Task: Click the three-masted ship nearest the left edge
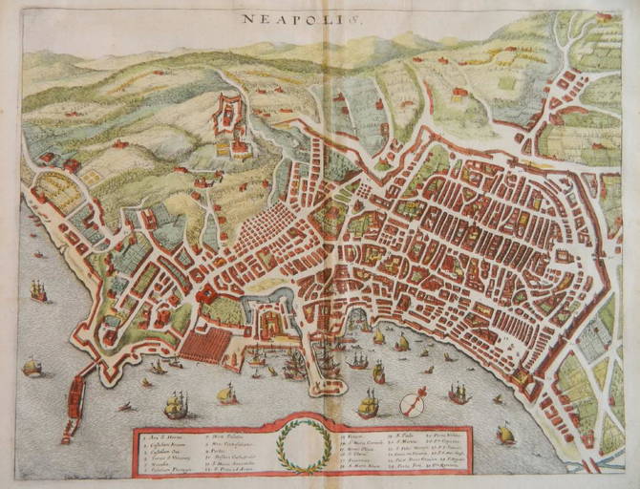click(38, 290)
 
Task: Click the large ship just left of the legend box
click(176, 406)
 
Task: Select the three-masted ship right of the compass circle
click(459, 393)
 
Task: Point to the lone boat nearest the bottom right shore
click(505, 435)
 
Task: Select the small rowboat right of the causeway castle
click(125, 407)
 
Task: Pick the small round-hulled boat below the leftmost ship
click(32, 366)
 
